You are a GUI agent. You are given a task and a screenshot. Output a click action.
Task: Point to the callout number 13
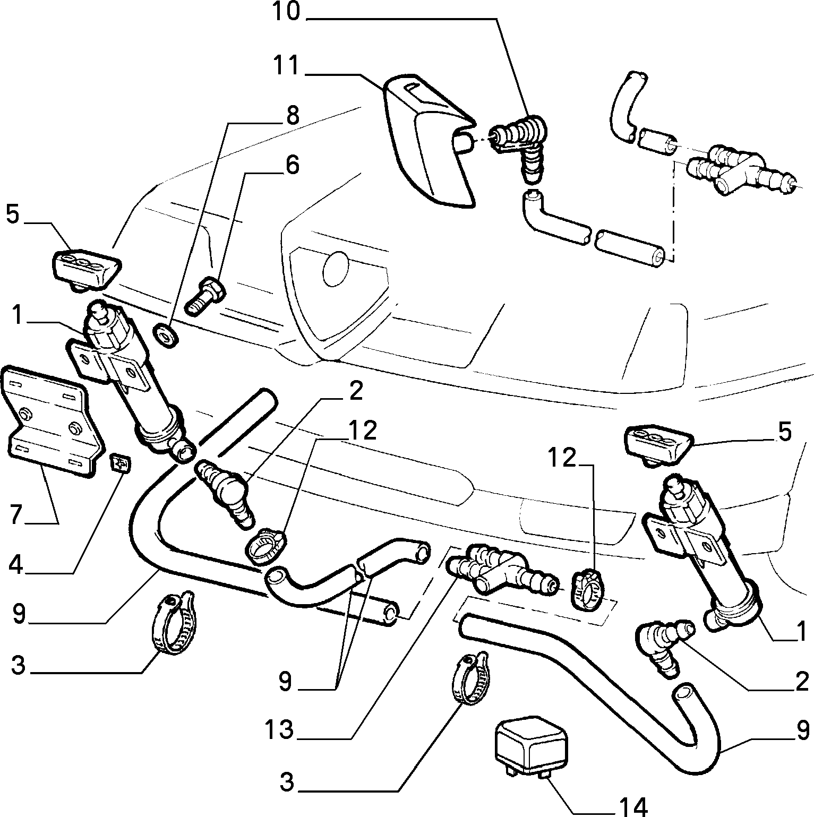pos(280,730)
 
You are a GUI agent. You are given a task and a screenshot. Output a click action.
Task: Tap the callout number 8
pos(292,115)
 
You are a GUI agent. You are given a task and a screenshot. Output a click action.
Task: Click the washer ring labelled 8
pos(165,336)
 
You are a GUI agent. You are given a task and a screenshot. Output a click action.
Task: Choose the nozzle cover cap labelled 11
pos(426,139)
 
